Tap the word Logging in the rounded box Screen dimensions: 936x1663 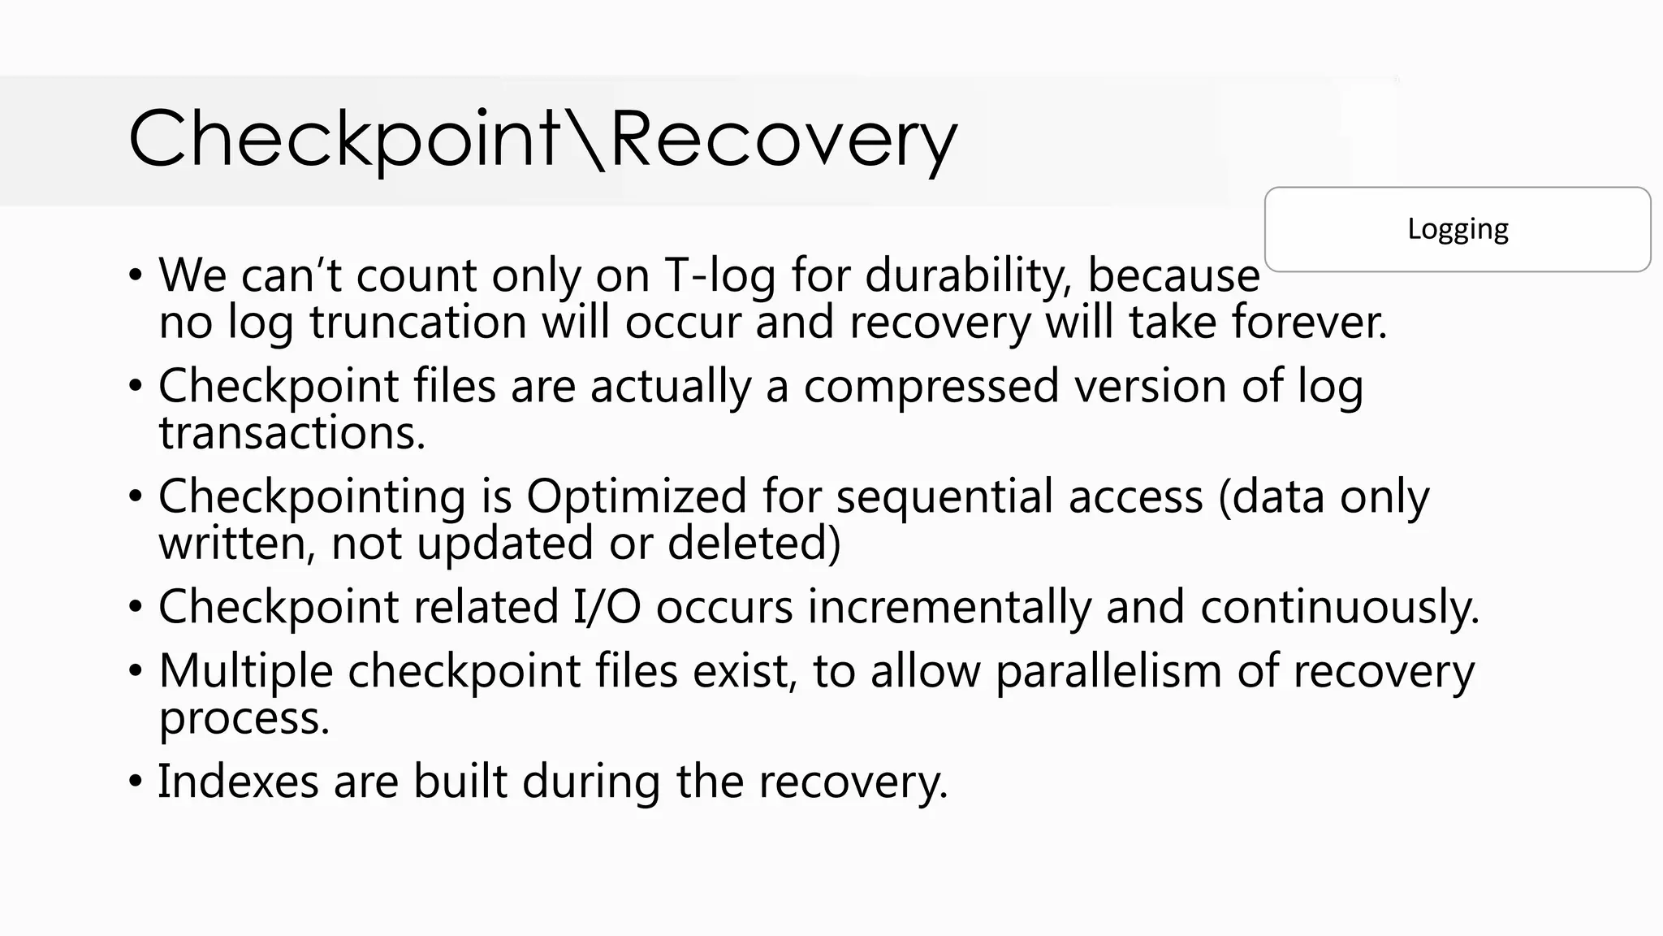point(1458,229)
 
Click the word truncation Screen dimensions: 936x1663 point(418,322)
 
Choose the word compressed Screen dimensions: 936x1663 point(931,386)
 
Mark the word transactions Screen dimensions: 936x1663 point(292,432)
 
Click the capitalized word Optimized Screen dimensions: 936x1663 point(636,496)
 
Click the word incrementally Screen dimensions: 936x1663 point(948,608)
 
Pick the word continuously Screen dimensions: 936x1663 point(1339,608)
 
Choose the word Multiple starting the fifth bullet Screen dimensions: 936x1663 point(245,672)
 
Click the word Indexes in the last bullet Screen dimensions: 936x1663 point(237,781)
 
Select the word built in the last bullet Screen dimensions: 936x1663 point(460,781)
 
